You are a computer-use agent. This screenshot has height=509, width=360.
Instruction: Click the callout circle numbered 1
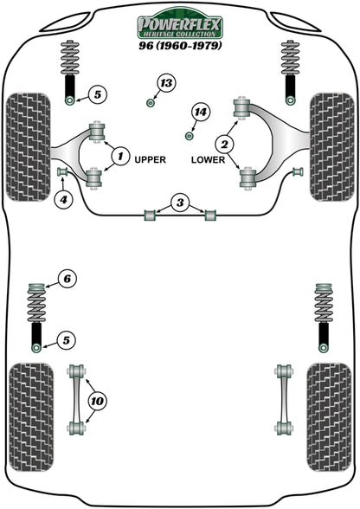click(x=119, y=157)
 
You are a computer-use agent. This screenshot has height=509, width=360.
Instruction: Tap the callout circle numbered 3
click(x=179, y=203)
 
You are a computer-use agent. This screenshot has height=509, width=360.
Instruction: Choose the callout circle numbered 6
click(x=67, y=279)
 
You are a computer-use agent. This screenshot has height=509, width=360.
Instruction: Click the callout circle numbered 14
click(x=202, y=113)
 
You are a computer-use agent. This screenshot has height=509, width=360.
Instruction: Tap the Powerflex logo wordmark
click(x=180, y=20)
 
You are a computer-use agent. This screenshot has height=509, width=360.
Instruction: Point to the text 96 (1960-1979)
click(x=180, y=43)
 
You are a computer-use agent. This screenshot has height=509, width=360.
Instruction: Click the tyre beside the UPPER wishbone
click(x=28, y=142)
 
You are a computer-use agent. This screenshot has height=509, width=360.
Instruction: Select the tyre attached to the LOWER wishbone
click(x=331, y=142)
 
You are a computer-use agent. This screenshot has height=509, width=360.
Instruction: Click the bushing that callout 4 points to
click(x=61, y=173)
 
